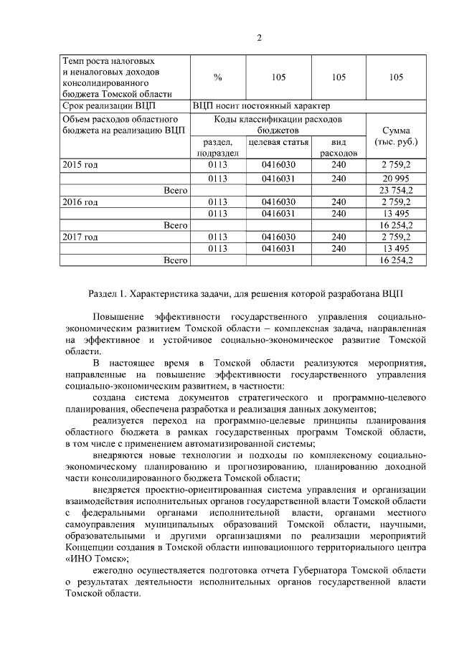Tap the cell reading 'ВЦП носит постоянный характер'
[262, 106]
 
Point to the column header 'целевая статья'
[278, 142]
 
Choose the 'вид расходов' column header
[339, 148]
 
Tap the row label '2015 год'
[80, 165]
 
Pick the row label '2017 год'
[80, 237]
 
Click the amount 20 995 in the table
[396, 178]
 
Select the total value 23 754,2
[396, 190]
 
